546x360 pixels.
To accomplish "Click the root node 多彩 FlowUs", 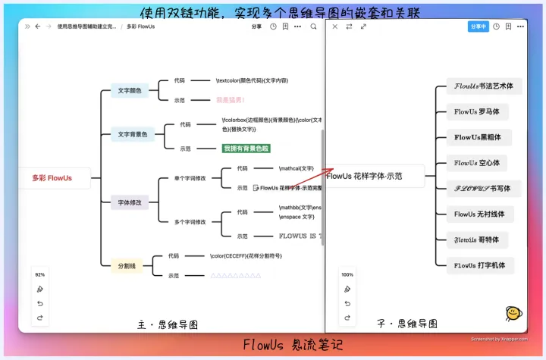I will [52, 178].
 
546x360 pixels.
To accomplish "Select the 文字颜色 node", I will [129, 91].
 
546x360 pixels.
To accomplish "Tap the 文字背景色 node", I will [133, 135].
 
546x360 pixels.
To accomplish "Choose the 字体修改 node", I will [130, 202].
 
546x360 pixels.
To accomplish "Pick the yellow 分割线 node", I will [126, 266].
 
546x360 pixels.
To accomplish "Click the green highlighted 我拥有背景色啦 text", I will [246, 149].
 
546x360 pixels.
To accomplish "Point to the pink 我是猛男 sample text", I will [230, 100].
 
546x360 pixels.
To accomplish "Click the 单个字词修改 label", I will [190, 178].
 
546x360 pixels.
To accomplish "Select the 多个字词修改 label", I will [190, 222].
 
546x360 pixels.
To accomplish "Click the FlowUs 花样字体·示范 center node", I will [366, 176].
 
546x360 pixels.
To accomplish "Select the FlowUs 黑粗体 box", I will [478, 138].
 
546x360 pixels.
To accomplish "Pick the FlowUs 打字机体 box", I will [479, 266].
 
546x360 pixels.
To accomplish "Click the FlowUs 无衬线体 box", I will [479, 214].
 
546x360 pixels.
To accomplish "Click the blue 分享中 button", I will [478, 26].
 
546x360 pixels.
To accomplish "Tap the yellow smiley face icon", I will [513, 312].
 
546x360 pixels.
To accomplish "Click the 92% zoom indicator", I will [40, 274].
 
